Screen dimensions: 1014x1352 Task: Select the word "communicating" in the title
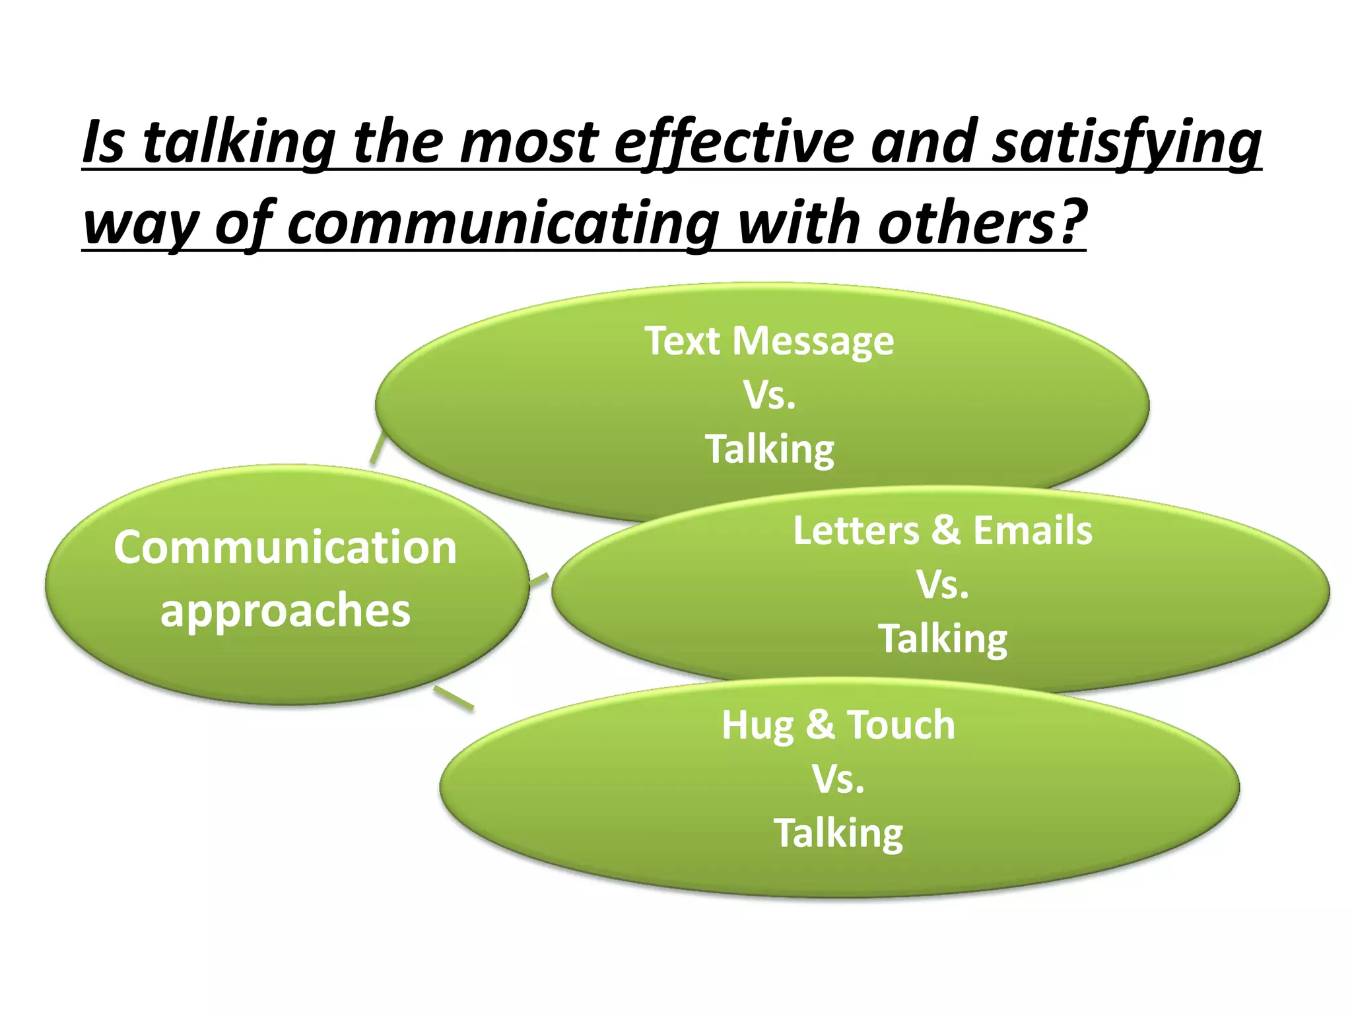[502, 223]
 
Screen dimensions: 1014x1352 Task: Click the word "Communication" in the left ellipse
[285, 548]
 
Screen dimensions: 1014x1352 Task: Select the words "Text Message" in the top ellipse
[769, 341]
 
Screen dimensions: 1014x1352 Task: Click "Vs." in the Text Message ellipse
[770, 395]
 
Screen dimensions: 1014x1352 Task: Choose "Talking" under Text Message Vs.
[770, 450]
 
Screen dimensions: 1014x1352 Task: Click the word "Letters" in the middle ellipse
[856, 531]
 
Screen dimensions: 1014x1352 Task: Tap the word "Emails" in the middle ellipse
[1032, 531]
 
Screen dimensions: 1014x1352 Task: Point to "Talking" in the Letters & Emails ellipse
[943, 639]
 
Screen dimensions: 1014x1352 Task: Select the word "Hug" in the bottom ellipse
[758, 726]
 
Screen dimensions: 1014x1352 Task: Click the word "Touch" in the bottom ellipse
[900, 725]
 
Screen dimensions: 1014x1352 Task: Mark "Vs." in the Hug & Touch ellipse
[838, 780]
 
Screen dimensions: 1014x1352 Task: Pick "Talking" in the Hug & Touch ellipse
[838, 833]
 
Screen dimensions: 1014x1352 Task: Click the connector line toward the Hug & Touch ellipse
[454, 698]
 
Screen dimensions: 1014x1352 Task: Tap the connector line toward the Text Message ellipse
[377, 448]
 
